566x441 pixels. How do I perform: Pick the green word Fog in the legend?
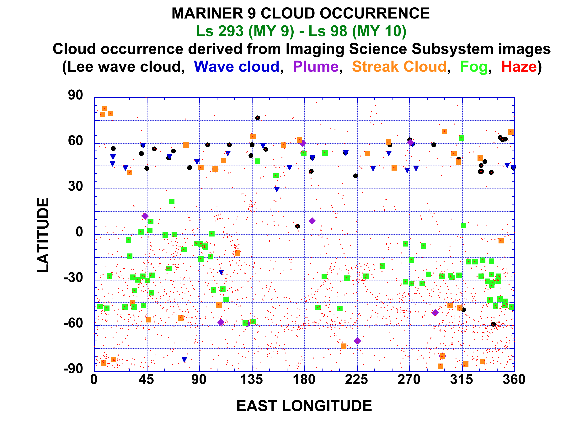(474, 67)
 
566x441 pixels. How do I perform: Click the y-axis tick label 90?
(75, 95)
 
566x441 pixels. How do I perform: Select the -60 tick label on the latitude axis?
(73, 323)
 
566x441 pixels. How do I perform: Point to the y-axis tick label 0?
(79, 232)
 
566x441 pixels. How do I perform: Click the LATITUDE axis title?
(43, 235)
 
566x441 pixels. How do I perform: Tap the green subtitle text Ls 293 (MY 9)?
(245, 31)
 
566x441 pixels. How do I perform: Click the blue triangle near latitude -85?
(184, 360)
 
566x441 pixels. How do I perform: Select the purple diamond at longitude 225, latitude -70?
(357, 341)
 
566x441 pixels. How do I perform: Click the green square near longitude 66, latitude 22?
(172, 201)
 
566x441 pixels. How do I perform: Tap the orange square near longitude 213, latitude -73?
(344, 346)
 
